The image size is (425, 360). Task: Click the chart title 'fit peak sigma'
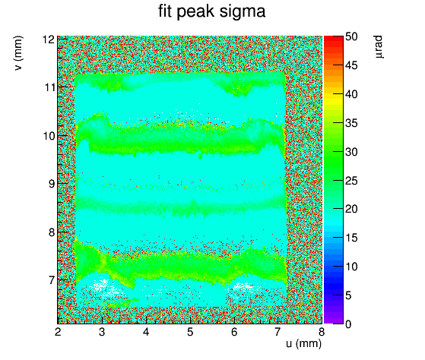(x=211, y=12)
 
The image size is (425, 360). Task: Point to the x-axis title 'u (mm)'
(x=303, y=344)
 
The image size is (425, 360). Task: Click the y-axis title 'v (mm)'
(x=18, y=53)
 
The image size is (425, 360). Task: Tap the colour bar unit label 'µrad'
(x=379, y=47)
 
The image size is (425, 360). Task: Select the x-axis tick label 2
(x=58, y=332)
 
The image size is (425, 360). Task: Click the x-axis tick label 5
(x=190, y=332)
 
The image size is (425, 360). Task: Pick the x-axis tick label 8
(x=322, y=332)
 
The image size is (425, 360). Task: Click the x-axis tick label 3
(x=102, y=332)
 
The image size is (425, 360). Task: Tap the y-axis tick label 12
(x=49, y=39)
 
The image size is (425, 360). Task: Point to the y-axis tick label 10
(x=49, y=136)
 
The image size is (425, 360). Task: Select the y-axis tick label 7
(x=52, y=280)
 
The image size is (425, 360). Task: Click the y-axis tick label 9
(x=52, y=184)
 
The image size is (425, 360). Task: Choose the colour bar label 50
(x=351, y=36)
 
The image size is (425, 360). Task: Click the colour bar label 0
(x=348, y=324)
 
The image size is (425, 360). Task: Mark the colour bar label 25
(x=351, y=181)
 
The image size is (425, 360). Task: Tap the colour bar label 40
(x=351, y=94)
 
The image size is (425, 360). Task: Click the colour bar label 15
(x=351, y=238)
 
